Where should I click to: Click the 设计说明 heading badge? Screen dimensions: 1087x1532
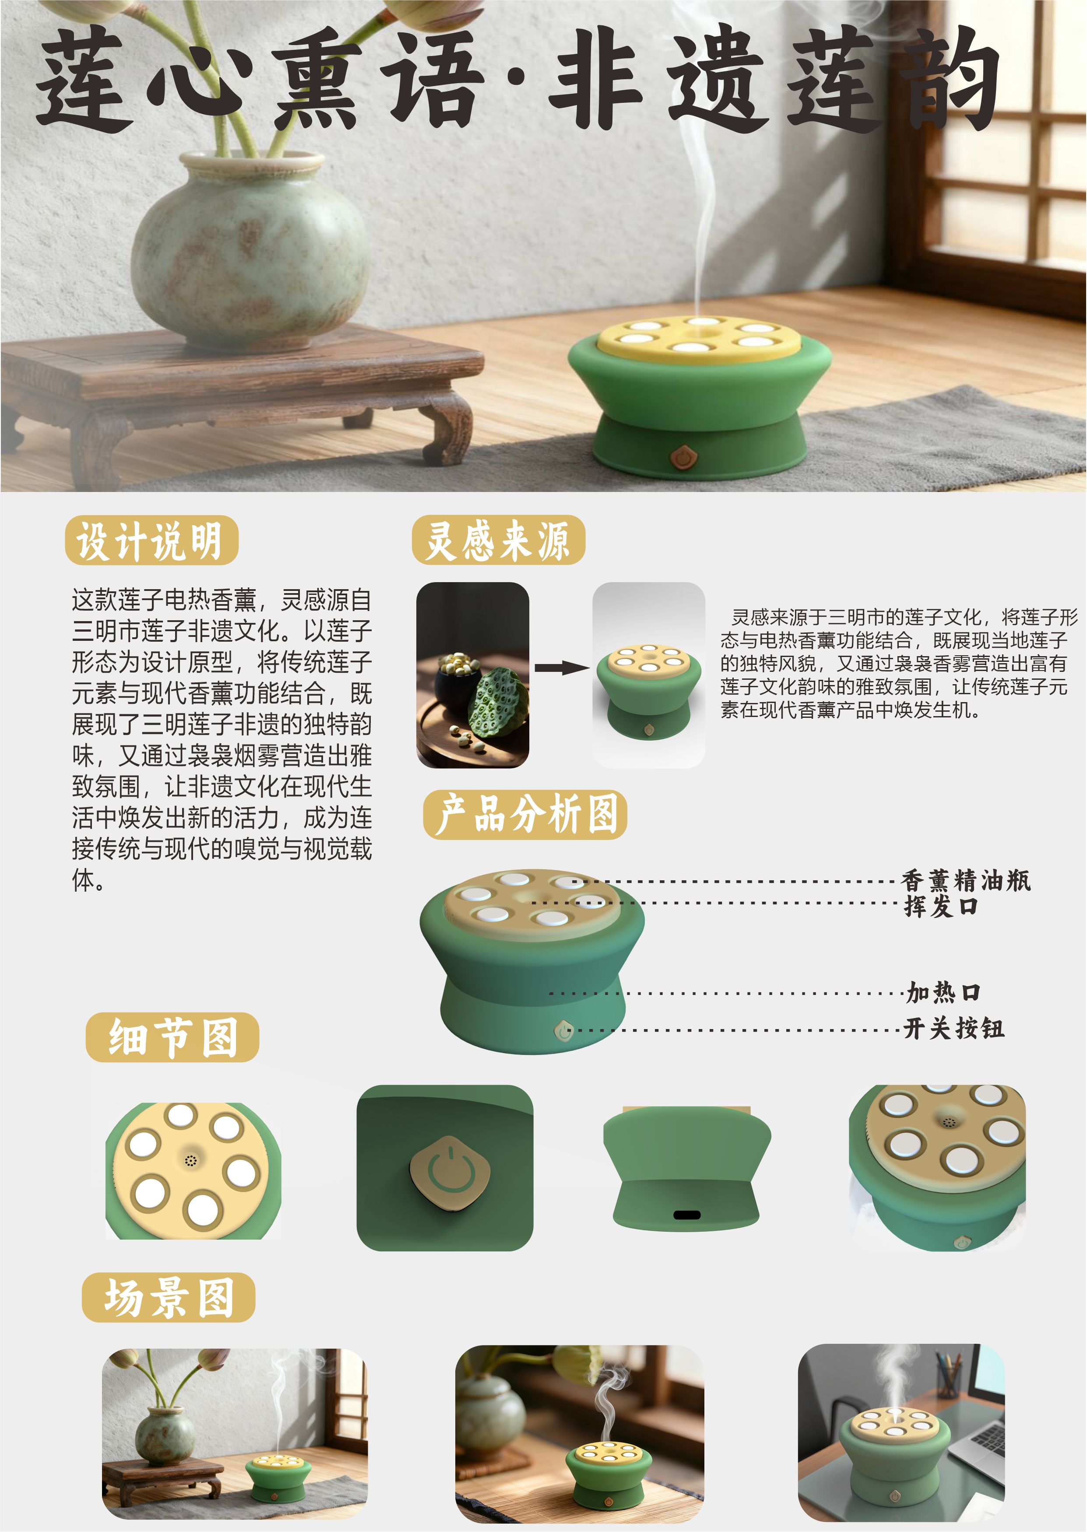[x=152, y=540]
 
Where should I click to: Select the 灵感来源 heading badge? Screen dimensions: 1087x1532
[x=499, y=540]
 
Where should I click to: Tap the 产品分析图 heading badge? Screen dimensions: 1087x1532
[x=525, y=815]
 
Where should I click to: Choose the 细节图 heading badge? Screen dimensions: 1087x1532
[x=172, y=1037]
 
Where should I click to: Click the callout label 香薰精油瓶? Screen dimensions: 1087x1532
[x=967, y=881]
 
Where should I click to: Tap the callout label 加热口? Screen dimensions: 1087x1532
[x=944, y=993]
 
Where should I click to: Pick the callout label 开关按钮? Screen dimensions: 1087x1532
[x=954, y=1029]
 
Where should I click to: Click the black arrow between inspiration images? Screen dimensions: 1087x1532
[x=561, y=667]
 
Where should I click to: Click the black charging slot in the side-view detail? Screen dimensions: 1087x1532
[x=687, y=1215]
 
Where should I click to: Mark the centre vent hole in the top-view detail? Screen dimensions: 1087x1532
[x=191, y=1160]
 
